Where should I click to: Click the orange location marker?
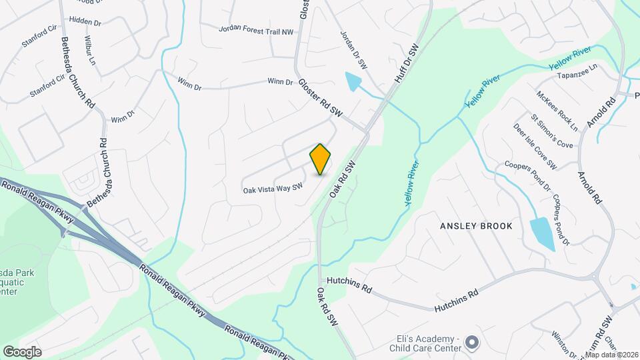coord(320,159)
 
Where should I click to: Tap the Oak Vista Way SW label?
coord(273,189)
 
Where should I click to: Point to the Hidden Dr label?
coord(85,22)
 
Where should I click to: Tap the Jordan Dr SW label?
coord(354,49)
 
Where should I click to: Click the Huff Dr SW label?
coord(405,64)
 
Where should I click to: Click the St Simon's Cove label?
coord(551,131)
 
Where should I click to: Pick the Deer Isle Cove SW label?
coord(535,147)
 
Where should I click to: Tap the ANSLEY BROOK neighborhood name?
coord(476,226)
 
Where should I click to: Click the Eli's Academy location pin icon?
coord(473,343)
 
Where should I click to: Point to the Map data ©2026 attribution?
coord(611,355)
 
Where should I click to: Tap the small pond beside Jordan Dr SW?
coord(352,82)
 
